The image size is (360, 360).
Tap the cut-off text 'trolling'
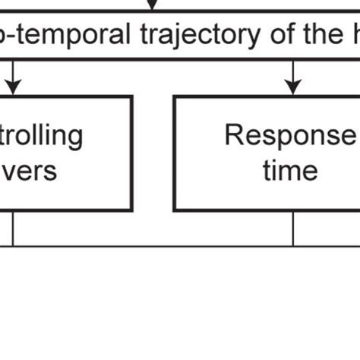[41, 136]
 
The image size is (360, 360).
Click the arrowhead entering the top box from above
[152, 6]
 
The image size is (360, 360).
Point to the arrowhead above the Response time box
[292, 88]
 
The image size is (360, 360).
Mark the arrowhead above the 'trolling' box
[13, 88]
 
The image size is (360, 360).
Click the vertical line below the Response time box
[292, 229]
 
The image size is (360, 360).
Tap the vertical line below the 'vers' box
[13, 229]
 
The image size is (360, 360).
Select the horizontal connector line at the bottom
[152, 246]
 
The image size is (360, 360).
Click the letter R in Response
[233, 136]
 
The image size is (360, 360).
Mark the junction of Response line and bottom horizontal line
[292, 246]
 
